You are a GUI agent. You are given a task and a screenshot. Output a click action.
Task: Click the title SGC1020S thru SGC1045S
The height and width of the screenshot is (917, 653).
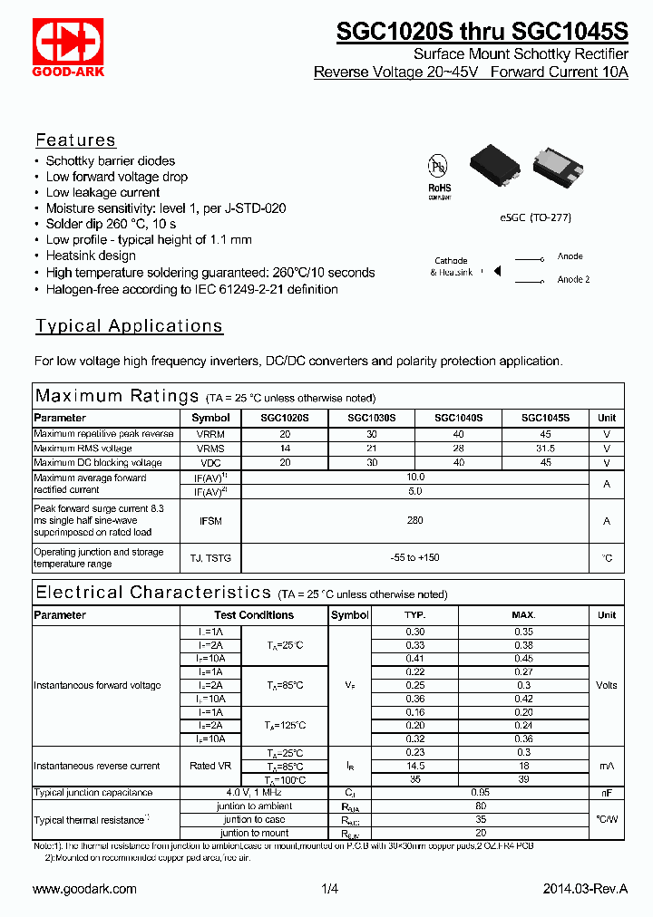coord(482,32)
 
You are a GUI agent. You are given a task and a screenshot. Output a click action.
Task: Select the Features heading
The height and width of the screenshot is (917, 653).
coord(75,140)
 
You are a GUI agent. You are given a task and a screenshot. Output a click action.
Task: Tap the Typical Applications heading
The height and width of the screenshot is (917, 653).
coord(129,326)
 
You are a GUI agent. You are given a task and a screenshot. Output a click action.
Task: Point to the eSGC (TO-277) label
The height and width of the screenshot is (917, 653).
coord(535,217)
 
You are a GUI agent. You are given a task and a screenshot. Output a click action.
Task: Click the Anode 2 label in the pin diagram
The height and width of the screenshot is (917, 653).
coord(573,280)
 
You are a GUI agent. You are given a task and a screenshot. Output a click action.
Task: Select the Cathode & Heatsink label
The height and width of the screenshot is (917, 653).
coord(452,266)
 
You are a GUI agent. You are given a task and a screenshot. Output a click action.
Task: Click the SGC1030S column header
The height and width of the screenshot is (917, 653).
coord(371,419)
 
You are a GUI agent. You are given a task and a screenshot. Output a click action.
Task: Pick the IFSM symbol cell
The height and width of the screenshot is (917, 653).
coord(210,521)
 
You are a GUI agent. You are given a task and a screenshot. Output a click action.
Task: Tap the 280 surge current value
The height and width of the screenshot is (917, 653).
coord(414,521)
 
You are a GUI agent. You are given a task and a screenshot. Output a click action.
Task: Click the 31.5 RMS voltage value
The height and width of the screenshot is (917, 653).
coord(545,449)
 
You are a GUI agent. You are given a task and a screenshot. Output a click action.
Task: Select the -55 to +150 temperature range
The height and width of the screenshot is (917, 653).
coord(414,558)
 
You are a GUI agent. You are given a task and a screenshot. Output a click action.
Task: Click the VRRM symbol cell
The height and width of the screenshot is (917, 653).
coord(210,434)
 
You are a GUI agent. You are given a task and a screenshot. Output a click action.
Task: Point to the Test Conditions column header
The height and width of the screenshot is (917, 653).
coord(254,615)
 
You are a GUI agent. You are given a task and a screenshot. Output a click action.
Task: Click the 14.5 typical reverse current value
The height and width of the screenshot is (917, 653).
coord(414,767)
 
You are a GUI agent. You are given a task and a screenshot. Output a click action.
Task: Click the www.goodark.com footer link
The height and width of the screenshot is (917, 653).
coord(84,890)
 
